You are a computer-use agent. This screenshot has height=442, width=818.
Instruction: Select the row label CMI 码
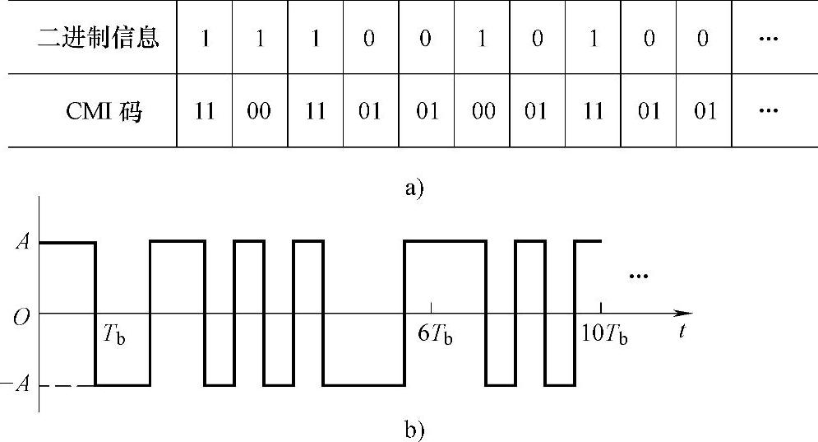point(104,111)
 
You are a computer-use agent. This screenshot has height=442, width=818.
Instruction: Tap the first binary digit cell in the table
point(204,39)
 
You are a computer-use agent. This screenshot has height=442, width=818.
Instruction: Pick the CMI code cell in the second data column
point(260,111)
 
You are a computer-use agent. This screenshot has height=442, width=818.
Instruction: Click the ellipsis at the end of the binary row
point(769,39)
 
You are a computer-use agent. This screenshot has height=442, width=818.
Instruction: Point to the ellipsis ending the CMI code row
point(769,111)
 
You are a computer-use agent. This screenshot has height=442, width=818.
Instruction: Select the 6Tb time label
point(435,335)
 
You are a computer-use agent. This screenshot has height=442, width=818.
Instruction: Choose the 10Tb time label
point(603,335)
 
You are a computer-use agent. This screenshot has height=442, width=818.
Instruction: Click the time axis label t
point(683,332)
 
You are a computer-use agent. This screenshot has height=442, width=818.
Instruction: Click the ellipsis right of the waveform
point(638,276)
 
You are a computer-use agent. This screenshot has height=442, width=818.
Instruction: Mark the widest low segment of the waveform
point(364,384)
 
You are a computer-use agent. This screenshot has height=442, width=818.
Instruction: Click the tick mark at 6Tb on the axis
point(432,308)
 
